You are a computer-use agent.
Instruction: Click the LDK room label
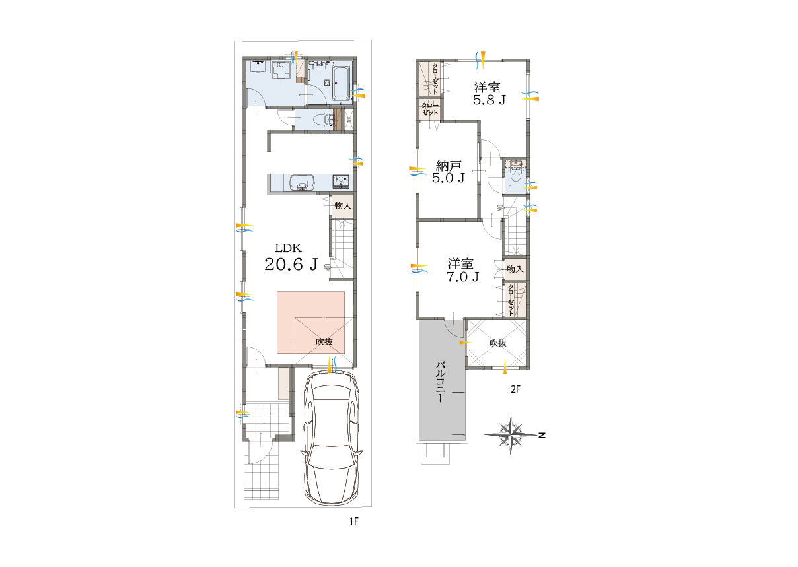(x=288, y=248)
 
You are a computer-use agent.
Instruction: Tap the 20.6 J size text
(x=291, y=264)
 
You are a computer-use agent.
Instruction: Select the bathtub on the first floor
(x=342, y=83)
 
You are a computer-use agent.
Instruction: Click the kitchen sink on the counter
(x=302, y=183)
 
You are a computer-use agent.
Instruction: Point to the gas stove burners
(x=342, y=181)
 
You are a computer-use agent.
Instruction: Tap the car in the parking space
(x=332, y=438)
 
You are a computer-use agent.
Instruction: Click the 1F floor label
(x=353, y=521)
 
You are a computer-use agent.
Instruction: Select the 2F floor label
(x=515, y=389)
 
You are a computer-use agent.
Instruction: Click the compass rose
(x=511, y=434)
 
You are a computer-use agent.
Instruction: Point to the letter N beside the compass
(x=542, y=435)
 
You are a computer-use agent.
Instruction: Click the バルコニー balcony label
(x=441, y=382)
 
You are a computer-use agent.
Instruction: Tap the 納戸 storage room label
(x=449, y=166)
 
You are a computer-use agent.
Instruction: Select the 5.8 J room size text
(x=489, y=100)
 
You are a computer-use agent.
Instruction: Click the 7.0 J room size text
(x=462, y=277)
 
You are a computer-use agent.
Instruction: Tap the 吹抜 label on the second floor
(x=497, y=343)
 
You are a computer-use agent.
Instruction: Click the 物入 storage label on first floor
(x=343, y=205)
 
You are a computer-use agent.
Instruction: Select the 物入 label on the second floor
(x=515, y=269)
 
